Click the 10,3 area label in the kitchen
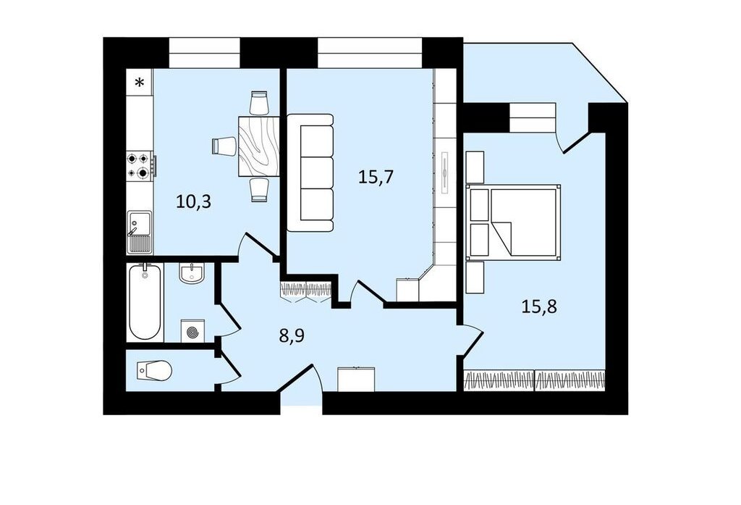(193, 201)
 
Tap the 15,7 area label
(376, 177)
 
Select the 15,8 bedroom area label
(539, 306)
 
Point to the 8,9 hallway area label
(292, 336)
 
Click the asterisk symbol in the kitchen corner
(140, 83)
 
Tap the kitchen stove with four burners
(140, 166)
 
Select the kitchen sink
(140, 231)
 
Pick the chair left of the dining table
(224, 146)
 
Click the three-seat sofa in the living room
(310, 172)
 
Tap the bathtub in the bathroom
(145, 302)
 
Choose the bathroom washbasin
(191, 273)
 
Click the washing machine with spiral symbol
(192, 331)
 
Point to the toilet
(153, 370)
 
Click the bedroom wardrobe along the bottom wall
(535, 380)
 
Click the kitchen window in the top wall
(205, 53)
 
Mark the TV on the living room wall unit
(445, 172)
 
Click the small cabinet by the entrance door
(357, 379)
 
